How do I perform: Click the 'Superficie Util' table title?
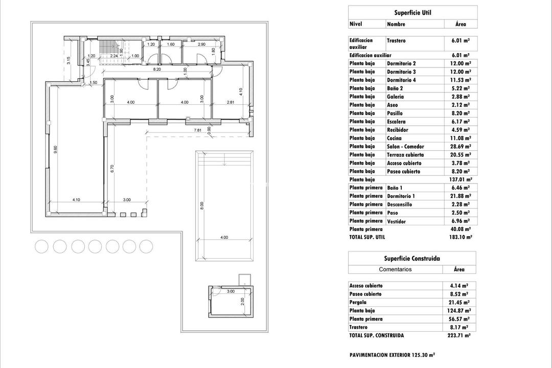412,13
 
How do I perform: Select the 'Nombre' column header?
396,24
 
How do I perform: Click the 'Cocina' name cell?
394,139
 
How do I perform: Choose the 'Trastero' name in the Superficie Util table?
397,41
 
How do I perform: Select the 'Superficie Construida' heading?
412,259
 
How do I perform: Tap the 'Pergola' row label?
358,303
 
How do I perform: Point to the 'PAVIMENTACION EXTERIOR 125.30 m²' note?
392,355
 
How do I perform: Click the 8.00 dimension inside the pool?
202,205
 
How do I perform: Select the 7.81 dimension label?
198,130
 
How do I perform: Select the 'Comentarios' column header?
395,269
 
